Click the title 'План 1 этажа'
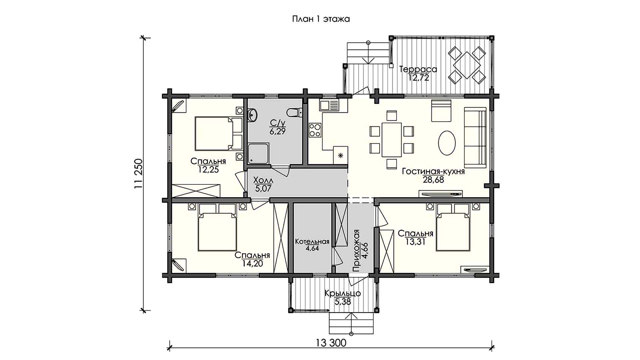tap(321, 19)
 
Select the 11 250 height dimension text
tap(138, 174)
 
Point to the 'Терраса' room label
tap(418, 69)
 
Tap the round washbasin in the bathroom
tap(252, 115)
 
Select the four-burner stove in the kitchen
tap(315, 130)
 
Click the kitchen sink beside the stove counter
tap(329, 106)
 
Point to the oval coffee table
tap(447, 142)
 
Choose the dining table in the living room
tap(392, 140)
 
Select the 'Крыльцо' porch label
tap(343, 294)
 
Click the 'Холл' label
tap(263, 181)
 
